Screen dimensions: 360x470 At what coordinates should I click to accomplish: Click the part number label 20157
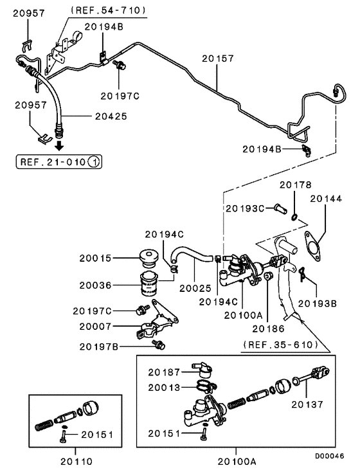(218, 58)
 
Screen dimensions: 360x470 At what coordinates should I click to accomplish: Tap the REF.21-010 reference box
(59, 162)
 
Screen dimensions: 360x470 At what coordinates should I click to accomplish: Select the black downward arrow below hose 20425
(60, 146)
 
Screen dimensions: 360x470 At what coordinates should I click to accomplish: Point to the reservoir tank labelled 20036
(148, 284)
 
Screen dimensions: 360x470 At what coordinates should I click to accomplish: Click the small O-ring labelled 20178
(294, 217)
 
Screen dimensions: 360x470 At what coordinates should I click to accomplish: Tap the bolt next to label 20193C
(280, 208)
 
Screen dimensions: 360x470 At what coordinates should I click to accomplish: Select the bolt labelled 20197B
(159, 345)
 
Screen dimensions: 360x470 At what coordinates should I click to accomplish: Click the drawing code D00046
(329, 456)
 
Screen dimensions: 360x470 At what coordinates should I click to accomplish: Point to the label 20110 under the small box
(76, 462)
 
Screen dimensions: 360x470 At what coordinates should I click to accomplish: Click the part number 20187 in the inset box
(164, 372)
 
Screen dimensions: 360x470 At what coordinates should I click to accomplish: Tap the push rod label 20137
(307, 404)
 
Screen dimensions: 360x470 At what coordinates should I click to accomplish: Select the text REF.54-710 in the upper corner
(108, 10)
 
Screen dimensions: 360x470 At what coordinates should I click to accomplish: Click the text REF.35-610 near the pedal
(280, 345)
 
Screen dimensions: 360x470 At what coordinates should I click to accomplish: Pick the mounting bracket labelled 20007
(156, 321)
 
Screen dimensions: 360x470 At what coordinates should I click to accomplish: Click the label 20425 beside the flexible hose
(111, 116)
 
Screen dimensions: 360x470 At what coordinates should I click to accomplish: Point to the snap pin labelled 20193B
(302, 274)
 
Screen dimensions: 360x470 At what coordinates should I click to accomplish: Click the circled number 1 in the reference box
(94, 162)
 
